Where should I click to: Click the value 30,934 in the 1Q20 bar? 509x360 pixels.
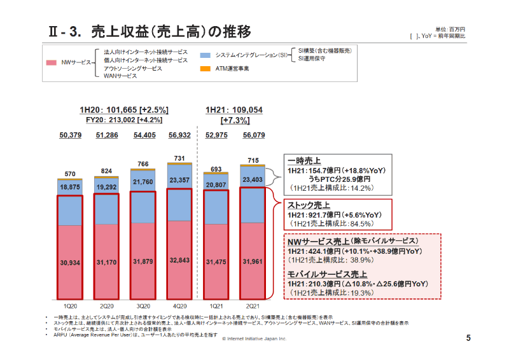point(70,262)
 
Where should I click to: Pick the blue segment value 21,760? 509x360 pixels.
point(143,183)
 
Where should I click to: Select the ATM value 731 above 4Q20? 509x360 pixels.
point(179,158)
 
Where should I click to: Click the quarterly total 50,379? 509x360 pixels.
point(70,135)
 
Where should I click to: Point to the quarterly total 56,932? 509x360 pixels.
point(179,135)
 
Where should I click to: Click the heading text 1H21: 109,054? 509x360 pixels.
point(234,109)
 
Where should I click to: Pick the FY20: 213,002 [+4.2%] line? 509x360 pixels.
point(121,119)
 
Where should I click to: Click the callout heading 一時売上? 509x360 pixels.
point(305,161)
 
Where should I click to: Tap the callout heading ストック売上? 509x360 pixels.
point(309,205)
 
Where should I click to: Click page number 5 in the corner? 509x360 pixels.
point(468,338)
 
